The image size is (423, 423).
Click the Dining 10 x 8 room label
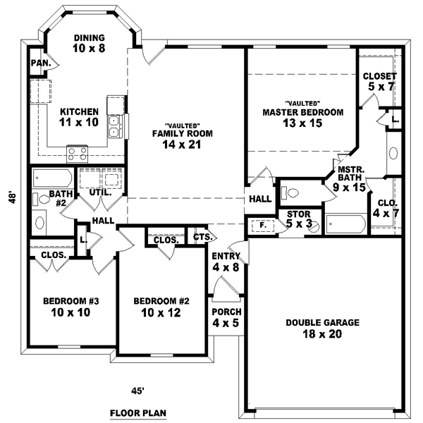coord(88,43)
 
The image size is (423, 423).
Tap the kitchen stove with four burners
coord(77,152)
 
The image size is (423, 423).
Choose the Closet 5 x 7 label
coord(379,81)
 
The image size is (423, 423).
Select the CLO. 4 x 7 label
coord(384,207)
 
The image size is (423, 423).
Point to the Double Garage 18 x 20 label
coord(323,328)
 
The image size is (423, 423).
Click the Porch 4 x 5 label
coord(227,317)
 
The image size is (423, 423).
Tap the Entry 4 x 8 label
coord(226,262)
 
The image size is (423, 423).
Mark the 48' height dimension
coord(12,199)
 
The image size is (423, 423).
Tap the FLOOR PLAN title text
coord(138,412)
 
